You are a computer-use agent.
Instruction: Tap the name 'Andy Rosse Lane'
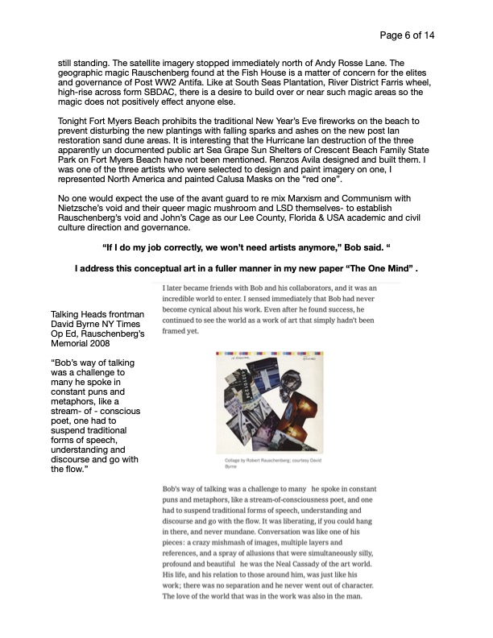coord(378,60)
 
